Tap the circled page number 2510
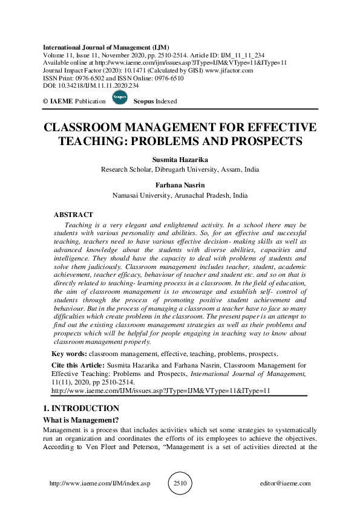coord(180,484)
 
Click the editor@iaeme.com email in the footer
coord(284,484)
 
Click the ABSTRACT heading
coord(73,215)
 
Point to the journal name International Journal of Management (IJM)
coord(105,47)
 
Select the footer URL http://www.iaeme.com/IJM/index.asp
coord(99,484)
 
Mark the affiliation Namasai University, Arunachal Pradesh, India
coord(180,196)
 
